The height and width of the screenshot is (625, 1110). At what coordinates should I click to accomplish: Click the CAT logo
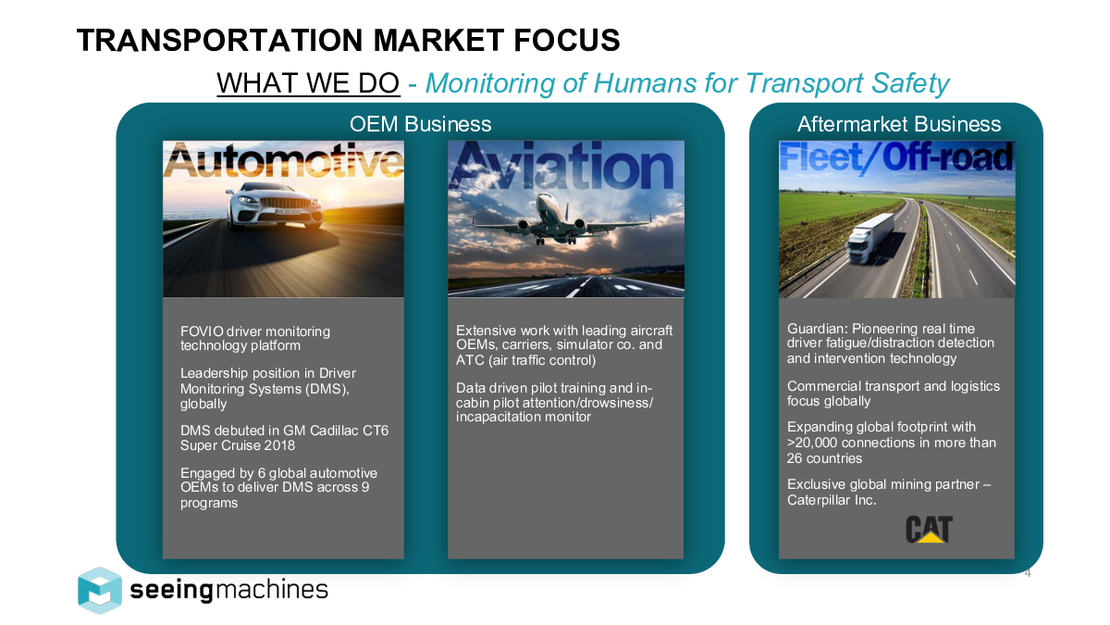point(929,530)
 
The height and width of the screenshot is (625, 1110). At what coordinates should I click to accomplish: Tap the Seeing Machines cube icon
point(100,591)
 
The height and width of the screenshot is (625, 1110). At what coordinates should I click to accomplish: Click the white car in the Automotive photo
point(274,206)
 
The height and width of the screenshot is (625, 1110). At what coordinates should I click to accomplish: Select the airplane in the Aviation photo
point(561,219)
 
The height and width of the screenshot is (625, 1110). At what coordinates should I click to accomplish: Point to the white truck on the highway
point(869,238)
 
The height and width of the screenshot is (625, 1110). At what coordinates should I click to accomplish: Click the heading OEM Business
point(420,124)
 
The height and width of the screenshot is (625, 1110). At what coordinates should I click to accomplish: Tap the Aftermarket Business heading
point(899,124)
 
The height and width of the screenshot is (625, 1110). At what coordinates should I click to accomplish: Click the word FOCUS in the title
point(566,40)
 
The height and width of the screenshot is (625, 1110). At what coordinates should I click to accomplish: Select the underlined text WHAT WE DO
point(308,82)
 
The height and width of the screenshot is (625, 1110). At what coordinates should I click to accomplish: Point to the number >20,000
point(812,443)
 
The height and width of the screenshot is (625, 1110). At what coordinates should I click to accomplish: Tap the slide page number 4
point(1028,573)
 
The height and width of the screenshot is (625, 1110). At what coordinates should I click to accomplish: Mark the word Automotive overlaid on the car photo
point(283,161)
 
